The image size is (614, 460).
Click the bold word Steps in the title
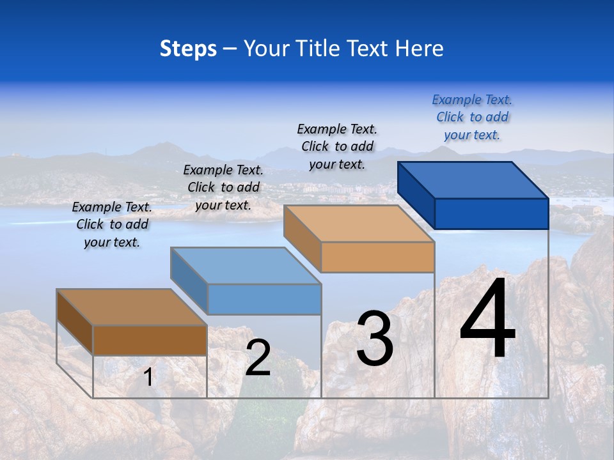[x=188, y=49]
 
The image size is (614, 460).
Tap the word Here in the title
[x=419, y=49]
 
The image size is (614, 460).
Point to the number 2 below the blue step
[x=258, y=358]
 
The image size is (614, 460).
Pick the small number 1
[x=148, y=377]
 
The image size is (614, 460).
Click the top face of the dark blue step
[x=473, y=180]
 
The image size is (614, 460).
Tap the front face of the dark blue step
[x=491, y=213]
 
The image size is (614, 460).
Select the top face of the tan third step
[x=359, y=224]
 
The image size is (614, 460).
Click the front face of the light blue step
[x=264, y=299]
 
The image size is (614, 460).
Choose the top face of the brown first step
[x=132, y=307]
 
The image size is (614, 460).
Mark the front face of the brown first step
[x=150, y=340]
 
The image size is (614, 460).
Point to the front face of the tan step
[x=377, y=257]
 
